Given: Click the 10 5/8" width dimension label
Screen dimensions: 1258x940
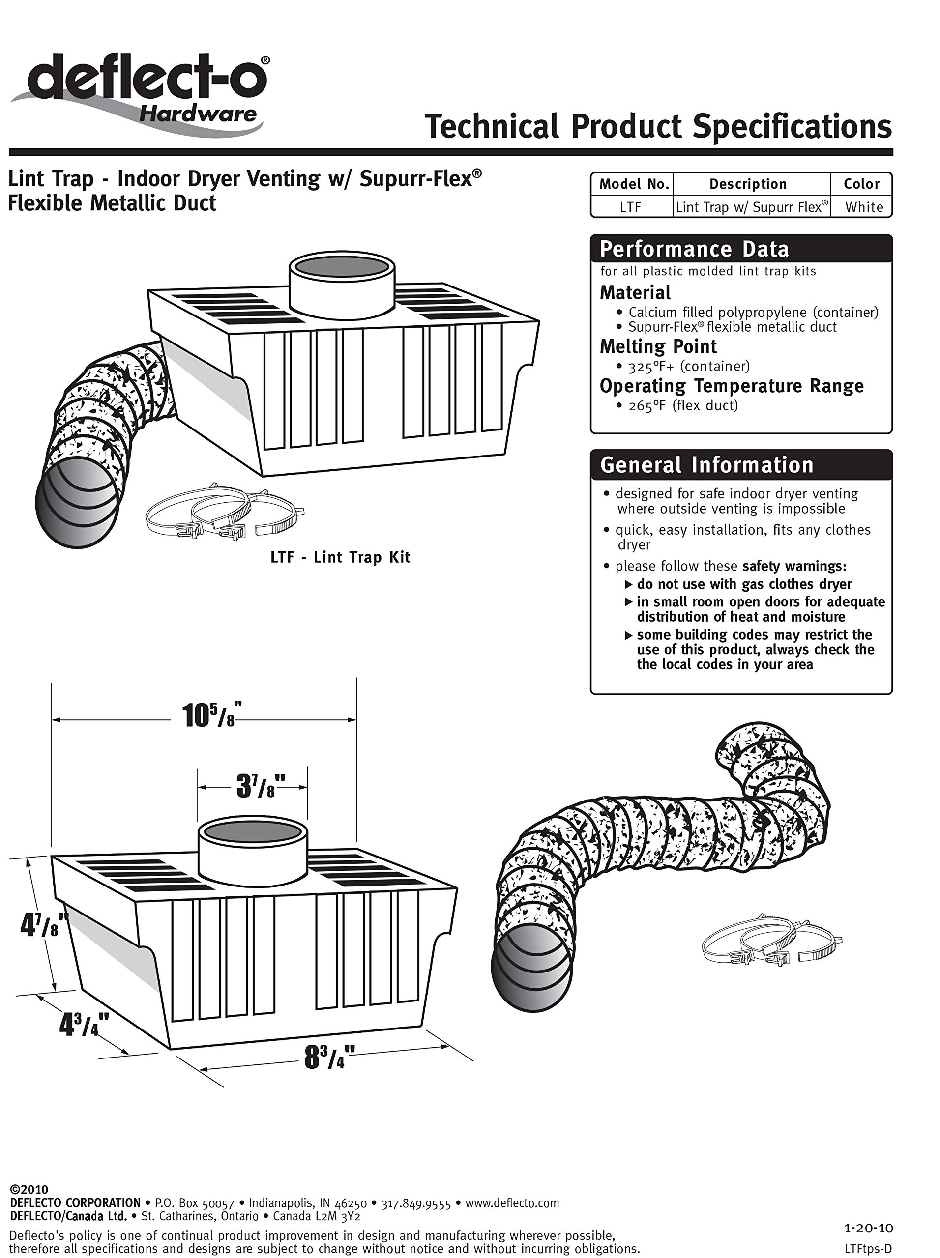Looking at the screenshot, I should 209,716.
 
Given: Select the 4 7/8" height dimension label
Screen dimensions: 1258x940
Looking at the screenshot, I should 43,925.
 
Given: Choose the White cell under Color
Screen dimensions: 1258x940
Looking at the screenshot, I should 864,207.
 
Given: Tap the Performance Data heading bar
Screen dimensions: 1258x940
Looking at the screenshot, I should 741,249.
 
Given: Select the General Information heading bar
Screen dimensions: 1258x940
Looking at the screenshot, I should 741,465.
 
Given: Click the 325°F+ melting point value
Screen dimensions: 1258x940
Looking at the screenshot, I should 688,366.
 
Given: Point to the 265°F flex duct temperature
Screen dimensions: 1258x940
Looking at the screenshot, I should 683,405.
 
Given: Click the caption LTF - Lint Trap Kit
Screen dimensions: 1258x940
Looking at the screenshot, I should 340,557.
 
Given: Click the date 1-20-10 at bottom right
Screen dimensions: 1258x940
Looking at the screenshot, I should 868,1229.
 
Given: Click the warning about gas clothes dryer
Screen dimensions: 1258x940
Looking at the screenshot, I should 744,584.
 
